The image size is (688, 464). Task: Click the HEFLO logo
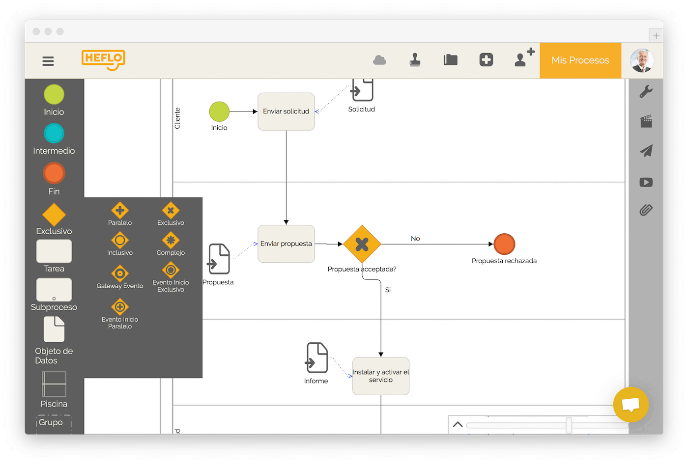(103, 60)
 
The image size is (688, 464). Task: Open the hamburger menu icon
(48, 61)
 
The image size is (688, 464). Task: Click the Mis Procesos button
(580, 60)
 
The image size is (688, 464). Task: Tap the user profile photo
(642, 60)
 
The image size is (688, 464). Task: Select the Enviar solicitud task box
(286, 111)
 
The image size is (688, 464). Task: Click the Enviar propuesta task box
(286, 244)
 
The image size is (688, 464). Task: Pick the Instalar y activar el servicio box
(380, 376)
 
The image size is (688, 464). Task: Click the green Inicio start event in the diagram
(219, 111)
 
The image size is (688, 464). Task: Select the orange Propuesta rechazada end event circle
(504, 244)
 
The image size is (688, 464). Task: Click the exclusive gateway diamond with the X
(362, 244)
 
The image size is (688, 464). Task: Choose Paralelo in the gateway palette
(120, 211)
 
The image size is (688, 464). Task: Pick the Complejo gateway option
(171, 240)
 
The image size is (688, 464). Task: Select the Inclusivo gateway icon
(120, 240)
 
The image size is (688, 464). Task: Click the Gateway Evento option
(120, 273)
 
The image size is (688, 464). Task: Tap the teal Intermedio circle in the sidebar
(54, 133)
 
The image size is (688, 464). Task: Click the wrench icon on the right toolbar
(646, 91)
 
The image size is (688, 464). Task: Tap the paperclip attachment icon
(646, 210)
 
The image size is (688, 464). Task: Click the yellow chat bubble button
(631, 405)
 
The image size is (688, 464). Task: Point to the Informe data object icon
(316, 357)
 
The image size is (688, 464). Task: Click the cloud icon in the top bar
(379, 60)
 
